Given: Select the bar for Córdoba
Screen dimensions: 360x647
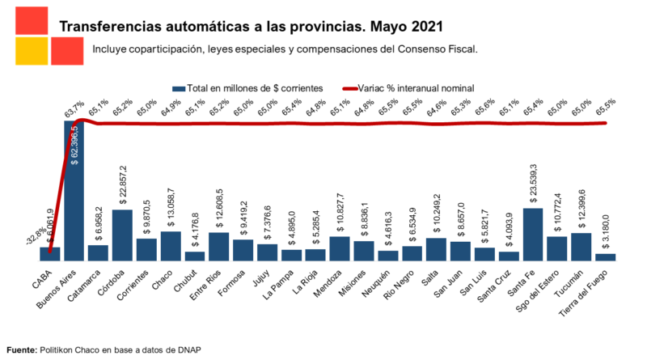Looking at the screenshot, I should click(x=122, y=235).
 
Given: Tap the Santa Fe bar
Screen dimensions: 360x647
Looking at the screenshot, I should click(x=532, y=234).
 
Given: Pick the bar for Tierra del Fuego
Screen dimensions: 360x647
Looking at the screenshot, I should click(x=605, y=256).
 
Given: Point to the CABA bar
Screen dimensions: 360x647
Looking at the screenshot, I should click(x=50, y=253).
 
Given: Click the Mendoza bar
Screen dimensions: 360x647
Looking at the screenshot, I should click(x=340, y=248).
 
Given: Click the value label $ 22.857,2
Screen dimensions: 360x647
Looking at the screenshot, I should click(x=123, y=187).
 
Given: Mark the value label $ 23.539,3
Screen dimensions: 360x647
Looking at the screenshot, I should click(x=533, y=185).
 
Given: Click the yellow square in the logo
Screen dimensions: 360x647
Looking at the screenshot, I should click(x=31, y=52).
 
